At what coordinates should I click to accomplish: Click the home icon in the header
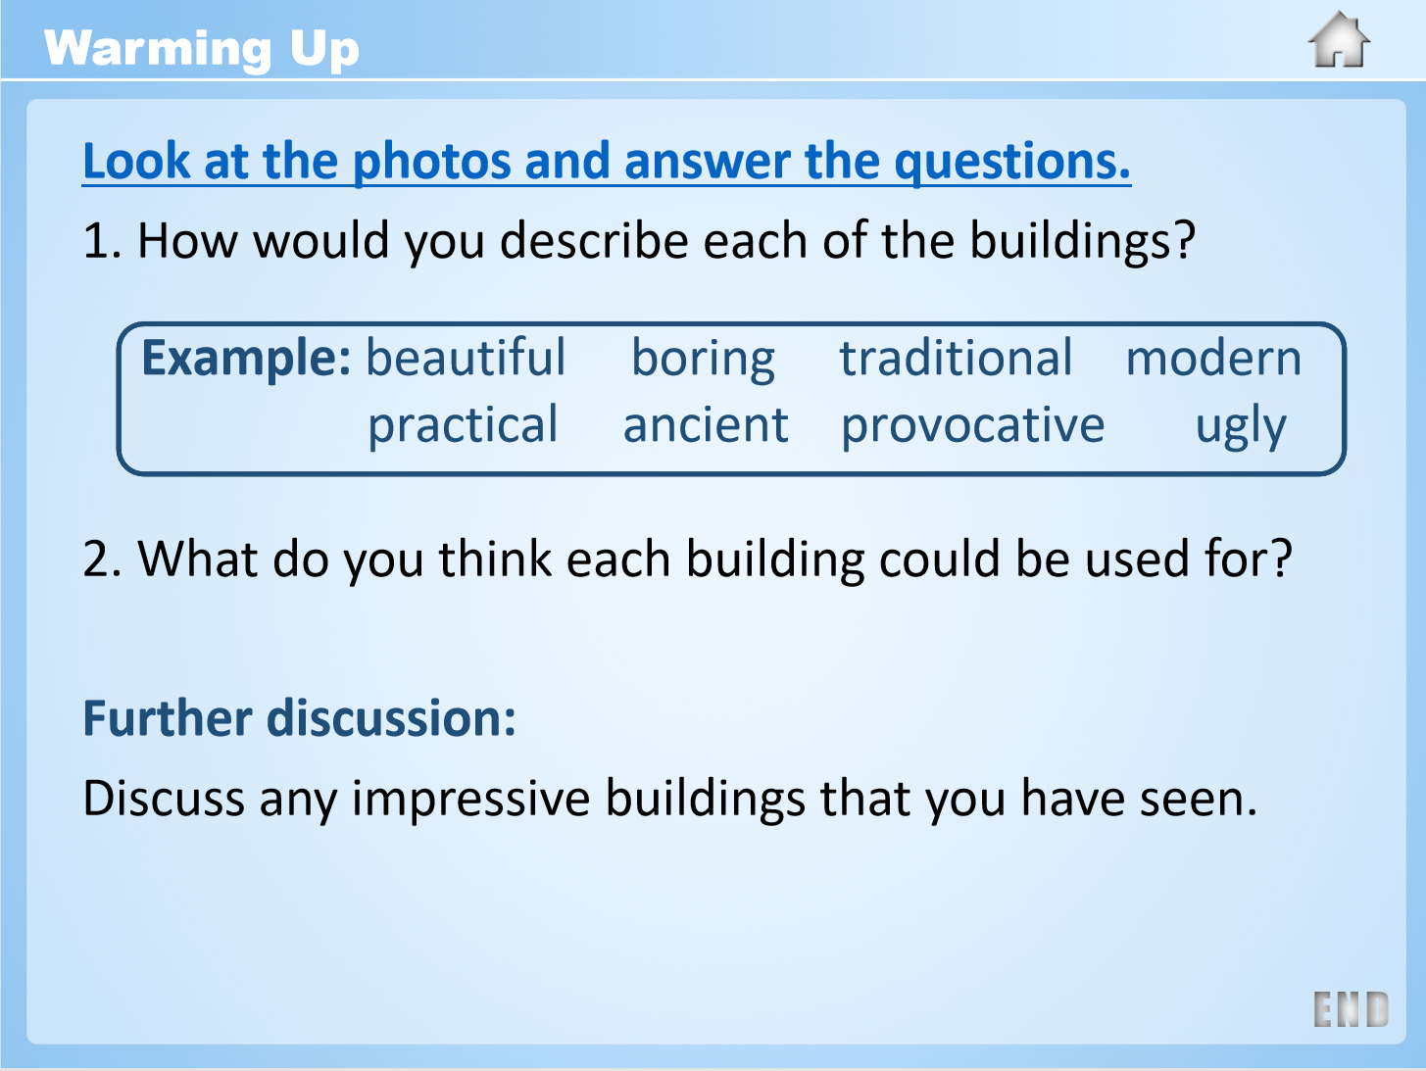click(x=1339, y=39)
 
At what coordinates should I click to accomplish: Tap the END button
click(x=1351, y=1009)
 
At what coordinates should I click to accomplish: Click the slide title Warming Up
click(x=201, y=49)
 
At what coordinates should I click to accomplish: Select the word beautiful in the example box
click(x=466, y=358)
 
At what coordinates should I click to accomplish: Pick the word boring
click(x=703, y=361)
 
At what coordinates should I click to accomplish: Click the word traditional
click(x=956, y=358)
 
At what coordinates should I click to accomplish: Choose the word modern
click(x=1213, y=359)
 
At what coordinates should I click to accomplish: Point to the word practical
click(x=464, y=426)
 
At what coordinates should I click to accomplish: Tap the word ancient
click(x=707, y=424)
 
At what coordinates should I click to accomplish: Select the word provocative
click(x=973, y=426)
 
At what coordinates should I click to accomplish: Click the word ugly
click(x=1241, y=426)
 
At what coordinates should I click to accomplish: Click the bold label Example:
click(x=246, y=359)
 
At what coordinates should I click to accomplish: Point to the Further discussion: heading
click(x=300, y=718)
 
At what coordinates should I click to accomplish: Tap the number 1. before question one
click(x=102, y=241)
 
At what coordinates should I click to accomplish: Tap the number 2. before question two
click(x=102, y=560)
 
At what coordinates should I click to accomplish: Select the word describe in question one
click(x=593, y=241)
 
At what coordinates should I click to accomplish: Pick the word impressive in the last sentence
click(x=471, y=799)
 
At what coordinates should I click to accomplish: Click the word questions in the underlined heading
click(x=1012, y=163)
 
